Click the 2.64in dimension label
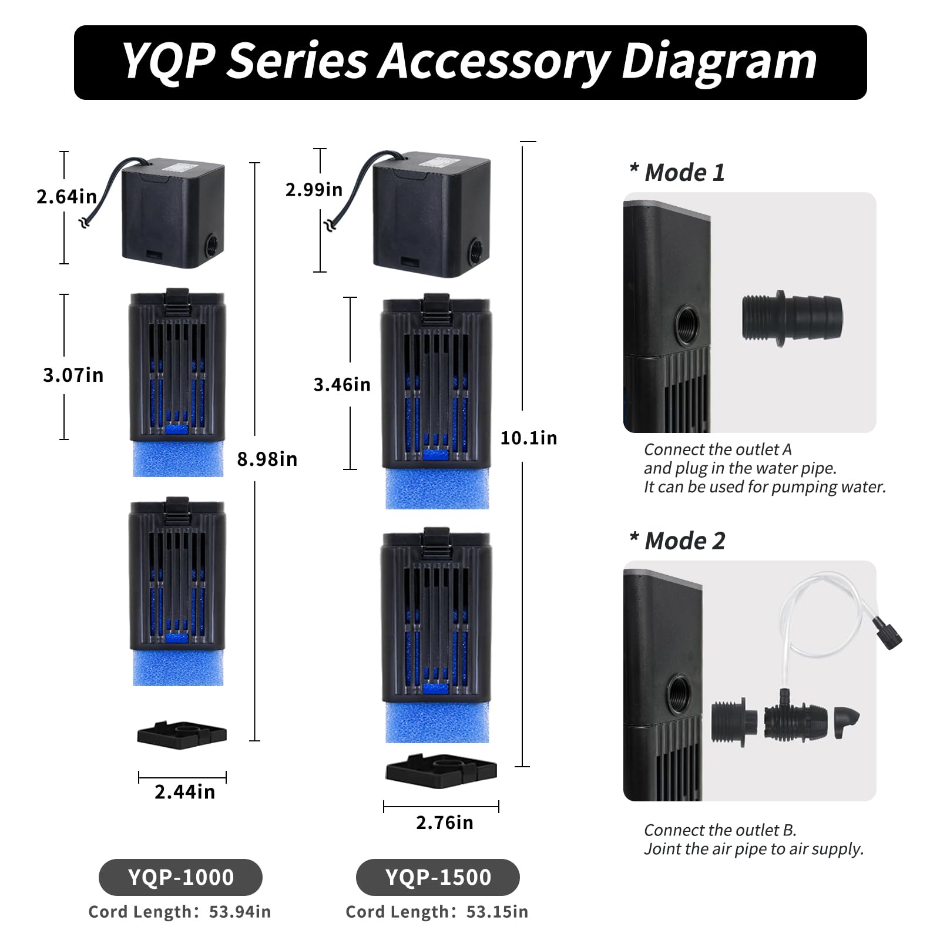click(66, 196)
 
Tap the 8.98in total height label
click(267, 459)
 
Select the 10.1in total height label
click(529, 438)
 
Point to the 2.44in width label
click(184, 792)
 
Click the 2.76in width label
click(445, 822)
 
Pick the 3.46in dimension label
click(342, 384)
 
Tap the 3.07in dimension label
click(73, 375)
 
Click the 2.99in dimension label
click(314, 189)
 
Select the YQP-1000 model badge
click(180, 877)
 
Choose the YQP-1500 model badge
click(438, 877)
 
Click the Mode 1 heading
click(677, 173)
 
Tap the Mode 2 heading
click(677, 541)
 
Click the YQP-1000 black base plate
click(182, 734)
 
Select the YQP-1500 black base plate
click(441, 770)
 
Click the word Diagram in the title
click(719, 62)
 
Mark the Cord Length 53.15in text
click(437, 912)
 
